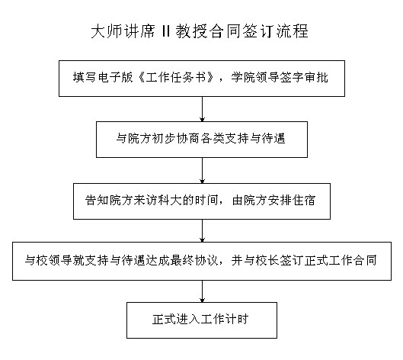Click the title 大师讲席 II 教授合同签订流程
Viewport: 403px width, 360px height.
pyautogui.click(x=200, y=31)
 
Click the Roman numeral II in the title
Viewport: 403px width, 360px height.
pyautogui.click(x=166, y=31)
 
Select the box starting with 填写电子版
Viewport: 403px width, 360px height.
pyautogui.click(x=202, y=79)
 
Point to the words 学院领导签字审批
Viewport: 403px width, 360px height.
pyautogui.click(x=279, y=77)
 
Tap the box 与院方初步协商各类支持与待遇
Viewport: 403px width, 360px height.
pyautogui.click(x=202, y=140)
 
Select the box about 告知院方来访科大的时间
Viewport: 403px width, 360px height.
pyautogui.click(x=202, y=201)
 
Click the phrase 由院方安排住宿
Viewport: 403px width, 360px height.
pyautogui.click(x=273, y=201)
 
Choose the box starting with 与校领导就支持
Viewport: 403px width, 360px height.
pyautogui.click(x=202, y=261)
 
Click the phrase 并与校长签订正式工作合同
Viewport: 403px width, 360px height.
pyautogui.click(x=304, y=260)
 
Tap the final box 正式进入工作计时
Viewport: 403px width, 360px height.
pyautogui.click(x=202, y=320)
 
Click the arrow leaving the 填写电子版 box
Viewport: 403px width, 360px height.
pyautogui.click(x=203, y=109)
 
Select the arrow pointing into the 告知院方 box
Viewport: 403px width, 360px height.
pyautogui.click(x=203, y=170)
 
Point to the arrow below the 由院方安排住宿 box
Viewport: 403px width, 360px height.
pyautogui.click(x=203, y=231)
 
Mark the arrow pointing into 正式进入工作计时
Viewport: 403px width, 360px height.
pyautogui.click(x=203, y=291)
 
